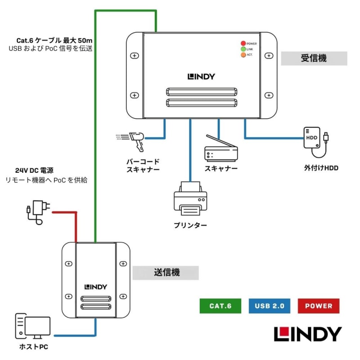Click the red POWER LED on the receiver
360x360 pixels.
tap(243, 43)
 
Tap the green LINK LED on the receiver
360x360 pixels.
tap(243, 49)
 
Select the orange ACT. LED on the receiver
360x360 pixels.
tap(243, 55)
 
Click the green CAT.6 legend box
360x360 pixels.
tap(220, 306)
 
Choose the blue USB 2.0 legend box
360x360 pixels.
tap(269, 306)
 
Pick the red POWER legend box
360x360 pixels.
tap(319, 306)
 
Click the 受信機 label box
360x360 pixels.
tap(314, 58)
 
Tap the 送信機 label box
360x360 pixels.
tap(166, 272)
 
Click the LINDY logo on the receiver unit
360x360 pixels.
tap(201, 76)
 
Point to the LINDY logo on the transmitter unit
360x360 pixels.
tap(95, 287)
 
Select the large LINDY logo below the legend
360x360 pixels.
tap(308, 334)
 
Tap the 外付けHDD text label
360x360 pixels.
tap(321, 168)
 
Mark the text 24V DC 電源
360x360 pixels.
tap(34, 171)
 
